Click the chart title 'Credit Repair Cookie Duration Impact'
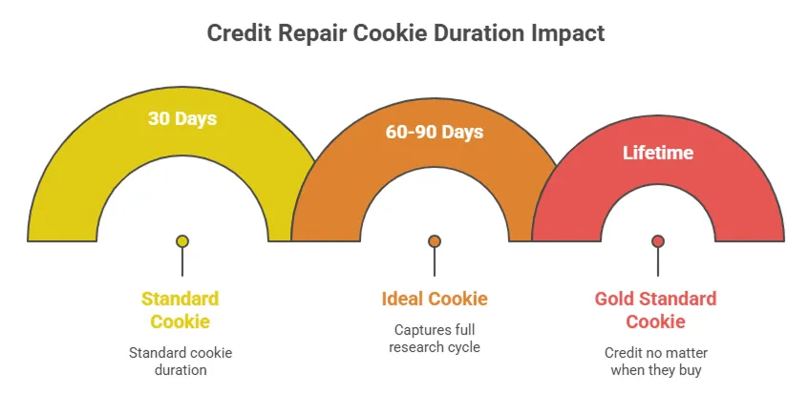[x=406, y=32]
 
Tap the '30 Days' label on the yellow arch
[x=181, y=119]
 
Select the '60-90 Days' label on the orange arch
[x=435, y=132]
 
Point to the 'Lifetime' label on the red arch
[x=657, y=152]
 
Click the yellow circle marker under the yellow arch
[x=181, y=241]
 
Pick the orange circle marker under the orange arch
[x=435, y=241]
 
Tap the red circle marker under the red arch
[x=657, y=241]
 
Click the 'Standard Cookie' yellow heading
[x=181, y=309]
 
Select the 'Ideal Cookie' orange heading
[x=435, y=299]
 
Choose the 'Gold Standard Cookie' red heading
[x=655, y=309]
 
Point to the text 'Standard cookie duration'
[x=181, y=362]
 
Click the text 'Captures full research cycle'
[x=435, y=339]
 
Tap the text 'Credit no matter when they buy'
[x=655, y=362]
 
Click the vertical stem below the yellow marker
[x=181, y=262]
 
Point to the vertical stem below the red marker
[x=657, y=262]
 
